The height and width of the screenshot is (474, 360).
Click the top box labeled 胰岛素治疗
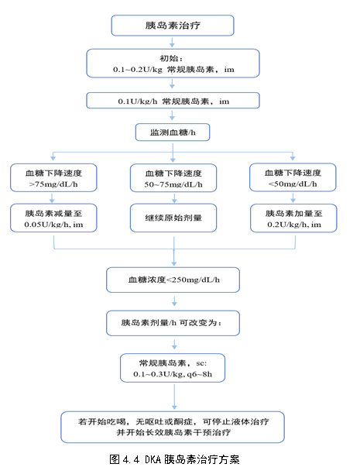[173, 26]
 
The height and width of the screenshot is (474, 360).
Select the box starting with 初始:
[173, 64]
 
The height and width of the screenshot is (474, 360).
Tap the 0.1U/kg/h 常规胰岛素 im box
[173, 101]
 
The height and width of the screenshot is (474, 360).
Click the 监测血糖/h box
[173, 132]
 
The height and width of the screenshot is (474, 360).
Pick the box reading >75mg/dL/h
[53, 178]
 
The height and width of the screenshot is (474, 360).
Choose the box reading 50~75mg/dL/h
[173, 178]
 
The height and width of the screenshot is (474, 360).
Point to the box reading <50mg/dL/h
[293, 177]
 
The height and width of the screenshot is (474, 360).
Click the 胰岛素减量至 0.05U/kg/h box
[53, 218]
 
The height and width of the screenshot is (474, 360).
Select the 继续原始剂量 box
[173, 218]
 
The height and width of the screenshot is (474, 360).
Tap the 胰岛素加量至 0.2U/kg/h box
[293, 218]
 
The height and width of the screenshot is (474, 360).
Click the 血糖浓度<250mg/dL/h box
[173, 280]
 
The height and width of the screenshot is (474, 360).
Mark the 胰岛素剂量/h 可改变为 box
[173, 323]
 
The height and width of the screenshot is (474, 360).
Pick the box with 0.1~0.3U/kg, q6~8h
[173, 368]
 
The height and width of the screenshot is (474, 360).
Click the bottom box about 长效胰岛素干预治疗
[173, 428]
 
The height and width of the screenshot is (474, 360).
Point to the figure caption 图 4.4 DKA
[174, 459]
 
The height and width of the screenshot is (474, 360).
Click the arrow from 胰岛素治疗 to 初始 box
[172, 43]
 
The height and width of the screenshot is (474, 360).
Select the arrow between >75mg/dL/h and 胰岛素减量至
[52, 198]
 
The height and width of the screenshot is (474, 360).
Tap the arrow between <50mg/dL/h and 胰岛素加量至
[293, 197]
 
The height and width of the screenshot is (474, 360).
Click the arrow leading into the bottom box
[174, 397]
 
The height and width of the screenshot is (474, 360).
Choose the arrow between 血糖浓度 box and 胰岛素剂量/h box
[174, 301]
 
